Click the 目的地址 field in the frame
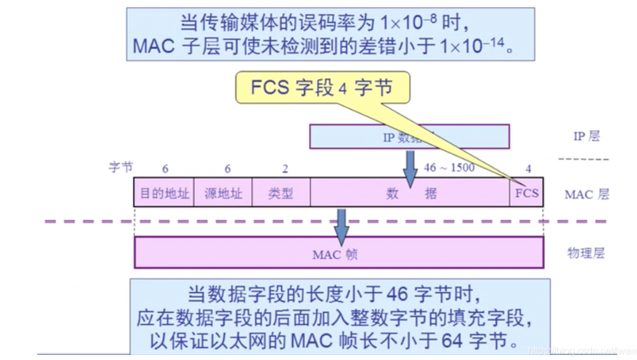pos(164,193)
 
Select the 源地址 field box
pos(222,193)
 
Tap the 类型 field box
pos(281,193)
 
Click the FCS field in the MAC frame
pos(527,193)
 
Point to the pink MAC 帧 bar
pos(338,253)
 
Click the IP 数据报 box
pos(409,136)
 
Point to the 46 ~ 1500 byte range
pos(448,169)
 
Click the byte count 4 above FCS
pos(528,169)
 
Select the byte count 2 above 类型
pos(285,169)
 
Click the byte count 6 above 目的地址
pos(165,169)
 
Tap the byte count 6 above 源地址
pos(227,169)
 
